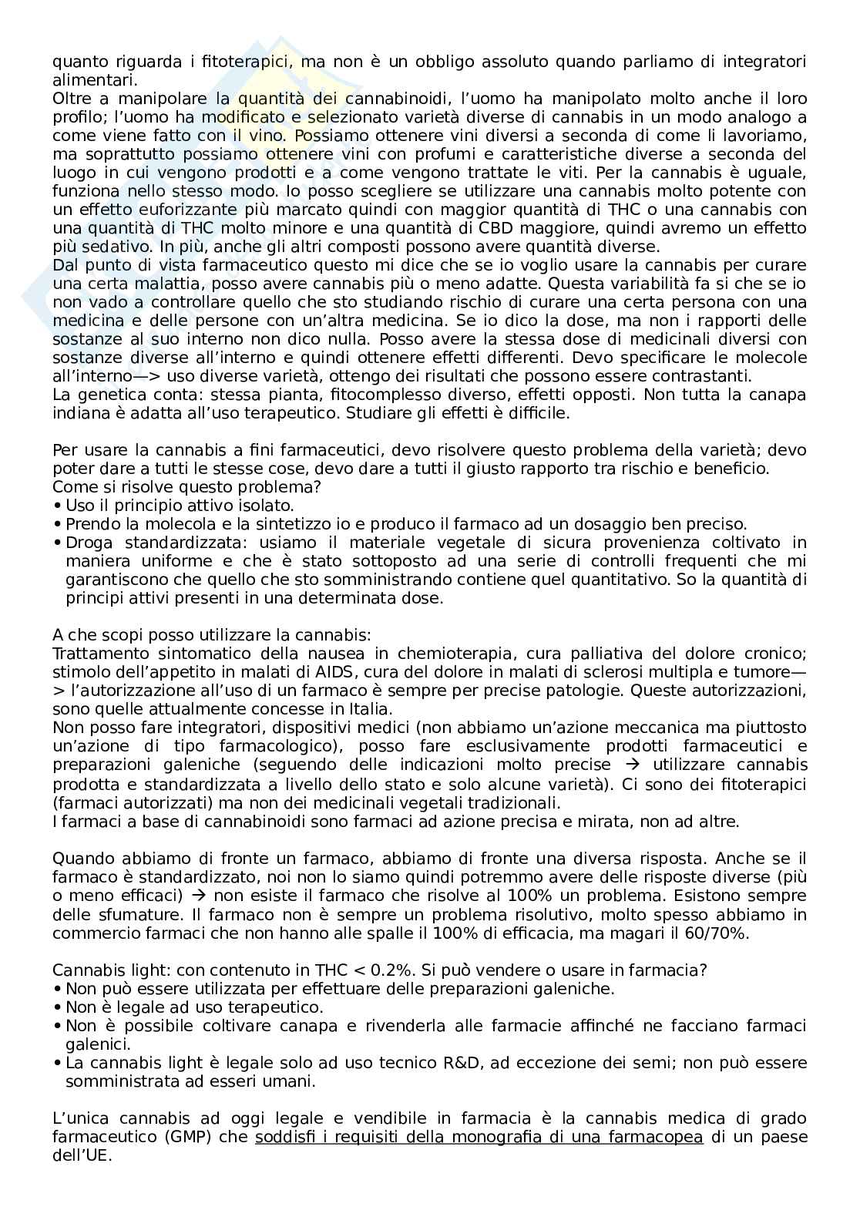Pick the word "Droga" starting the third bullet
(89, 543)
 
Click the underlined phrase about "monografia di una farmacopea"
(479, 1137)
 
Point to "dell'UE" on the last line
(82, 1155)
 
